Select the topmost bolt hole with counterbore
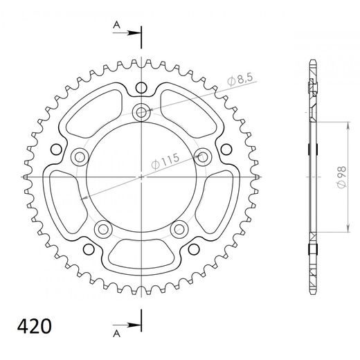142,111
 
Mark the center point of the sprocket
142,177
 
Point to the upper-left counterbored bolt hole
78,156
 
